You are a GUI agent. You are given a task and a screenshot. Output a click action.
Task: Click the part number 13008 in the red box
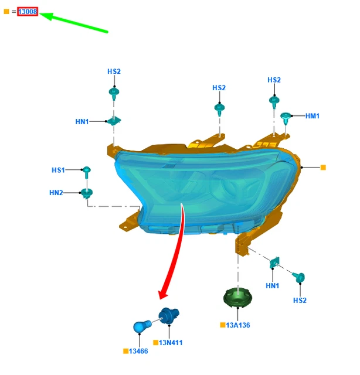coord(28,12)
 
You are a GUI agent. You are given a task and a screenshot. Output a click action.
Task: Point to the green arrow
coord(74,22)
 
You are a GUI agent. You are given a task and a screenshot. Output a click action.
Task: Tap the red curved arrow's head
coord(163,294)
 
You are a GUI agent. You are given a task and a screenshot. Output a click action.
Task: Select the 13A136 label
coord(238,325)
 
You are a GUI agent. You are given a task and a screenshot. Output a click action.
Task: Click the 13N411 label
coord(171,343)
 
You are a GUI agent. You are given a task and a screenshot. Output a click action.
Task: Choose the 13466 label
coord(138,351)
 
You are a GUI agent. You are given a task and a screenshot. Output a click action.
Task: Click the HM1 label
coord(313,116)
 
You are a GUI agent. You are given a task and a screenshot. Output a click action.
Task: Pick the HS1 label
coord(58,170)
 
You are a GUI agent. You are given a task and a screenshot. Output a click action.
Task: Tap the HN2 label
coord(56,193)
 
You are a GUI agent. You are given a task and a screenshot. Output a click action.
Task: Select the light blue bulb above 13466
coord(142,326)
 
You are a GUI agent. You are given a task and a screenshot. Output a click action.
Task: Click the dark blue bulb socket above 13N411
coord(169,316)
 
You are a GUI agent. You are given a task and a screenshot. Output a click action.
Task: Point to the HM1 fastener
coord(286,118)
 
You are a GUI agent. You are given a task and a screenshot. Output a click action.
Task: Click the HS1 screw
coord(86,172)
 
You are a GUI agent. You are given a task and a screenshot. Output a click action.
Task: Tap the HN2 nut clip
coord(87,193)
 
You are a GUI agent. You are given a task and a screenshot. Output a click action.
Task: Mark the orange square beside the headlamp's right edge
coord(323,168)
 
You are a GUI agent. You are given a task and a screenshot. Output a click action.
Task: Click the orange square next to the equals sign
coord(6,12)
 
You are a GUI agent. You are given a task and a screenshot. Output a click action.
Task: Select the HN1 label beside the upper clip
coord(82,122)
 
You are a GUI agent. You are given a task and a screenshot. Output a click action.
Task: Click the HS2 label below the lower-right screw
coord(300,301)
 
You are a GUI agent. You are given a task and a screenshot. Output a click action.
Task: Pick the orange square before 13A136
coord(223,325)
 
